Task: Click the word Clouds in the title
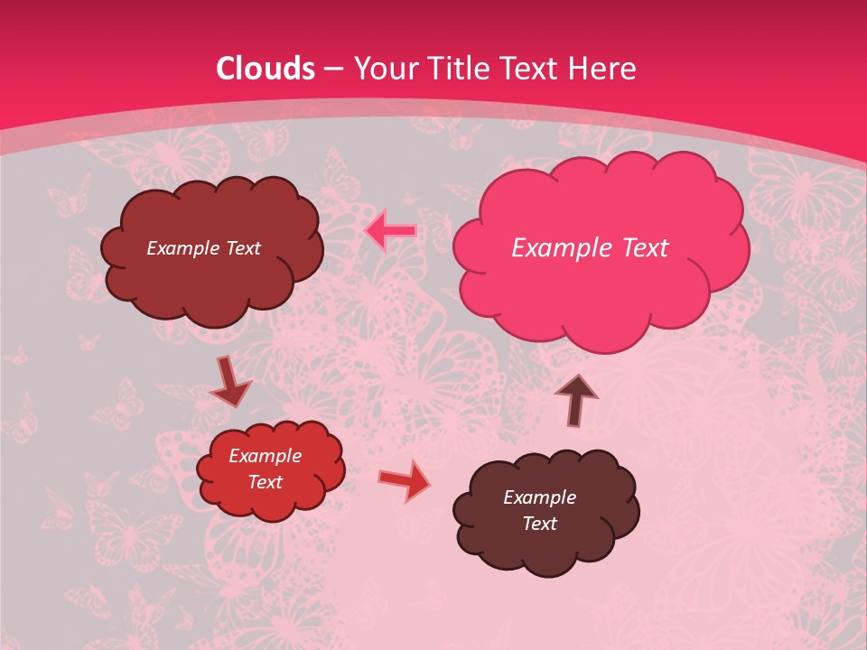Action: click(x=266, y=69)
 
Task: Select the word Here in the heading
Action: click(x=602, y=69)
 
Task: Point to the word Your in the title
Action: click(x=386, y=69)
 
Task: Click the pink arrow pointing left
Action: click(x=391, y=231)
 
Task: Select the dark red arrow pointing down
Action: click(x=230, y=383)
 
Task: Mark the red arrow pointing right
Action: click(x=404, y=480)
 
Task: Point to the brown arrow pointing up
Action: click(x=576, y=399)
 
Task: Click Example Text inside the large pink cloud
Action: click(x=590, y=248)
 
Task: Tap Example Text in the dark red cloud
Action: click(x=203, y=248)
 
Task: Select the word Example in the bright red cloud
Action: click(x=265, y=456)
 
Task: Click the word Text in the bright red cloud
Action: click(x=265, y=482)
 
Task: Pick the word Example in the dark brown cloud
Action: click(x=539, y=497)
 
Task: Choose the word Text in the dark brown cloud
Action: click(x=539, y=524)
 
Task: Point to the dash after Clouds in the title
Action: click(x=332, y=70)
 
